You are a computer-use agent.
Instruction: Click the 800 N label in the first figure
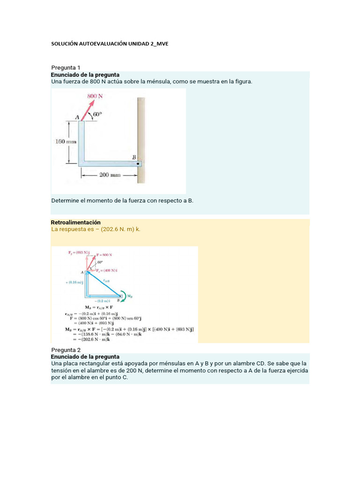tap(95, 96)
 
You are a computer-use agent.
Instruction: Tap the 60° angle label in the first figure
tap(97, 114)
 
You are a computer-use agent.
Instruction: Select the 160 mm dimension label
tap(65, 142)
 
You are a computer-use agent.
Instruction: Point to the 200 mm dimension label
tap(110, 175)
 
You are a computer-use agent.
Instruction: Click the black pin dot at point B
tap(138, 164)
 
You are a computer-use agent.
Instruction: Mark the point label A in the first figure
tap(77, 117)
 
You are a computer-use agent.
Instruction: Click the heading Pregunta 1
tap(66, 67)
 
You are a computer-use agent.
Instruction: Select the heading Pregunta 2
tap(66, 350)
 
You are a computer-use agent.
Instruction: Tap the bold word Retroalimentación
tap(75, 222)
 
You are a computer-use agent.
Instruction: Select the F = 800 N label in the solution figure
tap(104, 255)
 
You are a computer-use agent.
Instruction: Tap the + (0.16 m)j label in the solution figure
tap(73, 282)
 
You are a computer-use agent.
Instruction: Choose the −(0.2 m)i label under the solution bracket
tap(102, 300)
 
